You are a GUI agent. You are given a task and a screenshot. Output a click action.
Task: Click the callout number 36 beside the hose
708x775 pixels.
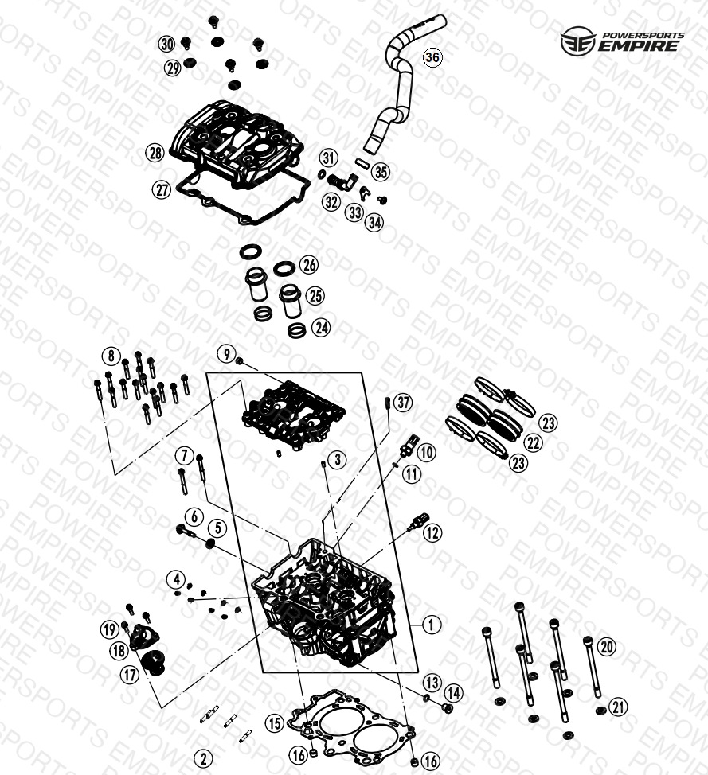(432, 57)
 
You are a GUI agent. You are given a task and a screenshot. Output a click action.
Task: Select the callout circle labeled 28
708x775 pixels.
(155, 152)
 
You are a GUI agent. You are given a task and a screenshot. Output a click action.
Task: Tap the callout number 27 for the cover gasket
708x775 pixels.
(162, 190)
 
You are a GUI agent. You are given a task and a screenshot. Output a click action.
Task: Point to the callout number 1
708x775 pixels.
(432, 625)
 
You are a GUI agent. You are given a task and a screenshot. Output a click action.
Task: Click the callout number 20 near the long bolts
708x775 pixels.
(607, 646)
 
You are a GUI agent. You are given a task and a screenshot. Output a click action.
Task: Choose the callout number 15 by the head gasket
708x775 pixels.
(275, 723)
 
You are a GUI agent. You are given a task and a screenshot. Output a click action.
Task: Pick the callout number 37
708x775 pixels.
(403, 403)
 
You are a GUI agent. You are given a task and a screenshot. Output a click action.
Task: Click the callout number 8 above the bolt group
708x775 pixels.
(111, 356)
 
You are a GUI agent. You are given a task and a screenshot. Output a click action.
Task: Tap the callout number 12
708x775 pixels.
(432, 532)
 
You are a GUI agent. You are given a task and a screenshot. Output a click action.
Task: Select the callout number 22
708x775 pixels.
(533, 442)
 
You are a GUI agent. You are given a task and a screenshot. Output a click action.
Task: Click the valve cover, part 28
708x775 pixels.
(237, 144)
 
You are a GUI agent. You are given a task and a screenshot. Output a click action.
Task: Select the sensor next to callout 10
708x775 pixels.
(409, 443)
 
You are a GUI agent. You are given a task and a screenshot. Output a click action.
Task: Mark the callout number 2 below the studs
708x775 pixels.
(203, 758)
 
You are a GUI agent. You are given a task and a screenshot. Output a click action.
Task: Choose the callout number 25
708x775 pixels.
(315, 295)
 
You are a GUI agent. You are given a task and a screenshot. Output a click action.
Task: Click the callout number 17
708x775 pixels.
(130, 674)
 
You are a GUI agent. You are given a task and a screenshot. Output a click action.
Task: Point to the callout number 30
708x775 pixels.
(167, 44)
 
